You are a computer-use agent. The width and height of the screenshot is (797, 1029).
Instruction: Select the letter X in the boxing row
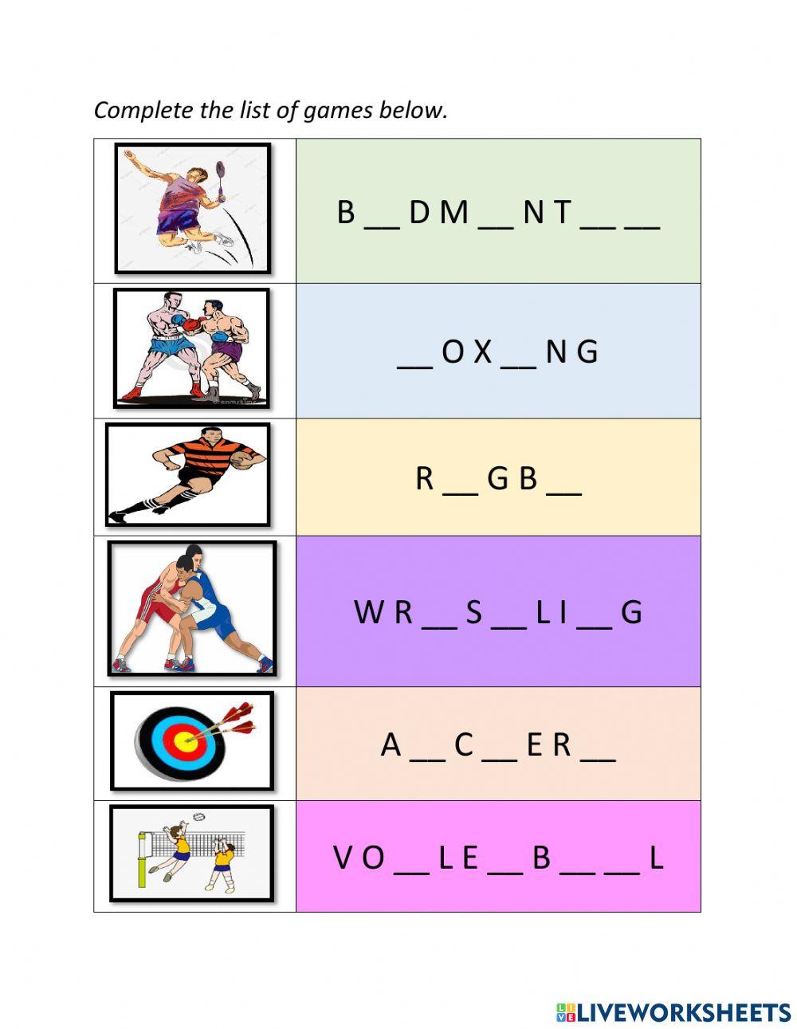pos(483,352)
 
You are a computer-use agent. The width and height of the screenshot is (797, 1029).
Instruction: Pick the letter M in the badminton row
pos(453,212)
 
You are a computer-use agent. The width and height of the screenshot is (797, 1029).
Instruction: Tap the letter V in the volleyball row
pos(344,857)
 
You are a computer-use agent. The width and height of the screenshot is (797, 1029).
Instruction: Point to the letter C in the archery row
pos(463,744)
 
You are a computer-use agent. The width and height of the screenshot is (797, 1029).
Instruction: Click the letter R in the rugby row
pos(425,478)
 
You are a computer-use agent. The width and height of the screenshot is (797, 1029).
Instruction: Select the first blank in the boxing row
pos(415,367)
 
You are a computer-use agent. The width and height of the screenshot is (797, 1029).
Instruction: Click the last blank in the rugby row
pos(563,493)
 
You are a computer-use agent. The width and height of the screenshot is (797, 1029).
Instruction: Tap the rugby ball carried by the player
pos(244,459)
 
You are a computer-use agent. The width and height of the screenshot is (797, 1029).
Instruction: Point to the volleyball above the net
pos(199,817)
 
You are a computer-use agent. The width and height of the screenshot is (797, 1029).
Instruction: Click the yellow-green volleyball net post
pos(143,858)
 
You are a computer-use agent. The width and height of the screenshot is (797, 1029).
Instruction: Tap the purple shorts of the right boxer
pos(226,352)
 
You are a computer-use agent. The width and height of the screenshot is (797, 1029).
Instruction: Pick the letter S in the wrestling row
pos(473,612)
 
